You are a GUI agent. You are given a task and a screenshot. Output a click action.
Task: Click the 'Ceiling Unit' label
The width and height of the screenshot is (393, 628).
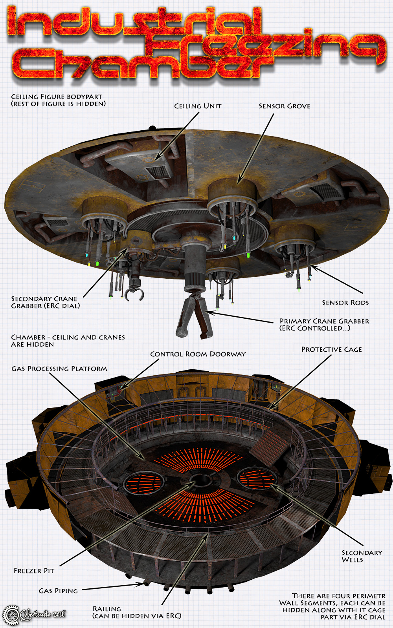click(x=198, y=106)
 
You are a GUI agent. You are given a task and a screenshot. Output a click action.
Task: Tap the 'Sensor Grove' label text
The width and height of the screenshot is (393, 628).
click(x=285, y=106)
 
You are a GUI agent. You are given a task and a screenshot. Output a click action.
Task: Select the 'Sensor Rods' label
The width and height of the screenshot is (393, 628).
click(x=345, y=303)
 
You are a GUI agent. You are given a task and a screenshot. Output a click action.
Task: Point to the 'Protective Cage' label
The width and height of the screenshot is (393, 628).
click(x=332, y=349)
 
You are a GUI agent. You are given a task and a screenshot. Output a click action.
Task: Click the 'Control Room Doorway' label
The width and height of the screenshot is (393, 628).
click(x=198, y=354)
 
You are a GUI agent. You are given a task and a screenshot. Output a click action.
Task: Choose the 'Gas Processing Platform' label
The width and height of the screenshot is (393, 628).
click(x=59, y=369)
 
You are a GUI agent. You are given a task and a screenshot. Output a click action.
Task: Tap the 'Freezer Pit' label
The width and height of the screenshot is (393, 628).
click(x=34, y=571)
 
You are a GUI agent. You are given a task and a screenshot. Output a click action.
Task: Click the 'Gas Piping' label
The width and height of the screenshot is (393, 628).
click(x=58, y=591)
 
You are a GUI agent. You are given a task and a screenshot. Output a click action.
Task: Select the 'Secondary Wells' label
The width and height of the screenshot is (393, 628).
click(x=362, y=556)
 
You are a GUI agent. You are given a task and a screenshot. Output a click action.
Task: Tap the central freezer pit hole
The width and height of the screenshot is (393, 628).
click(x=200, y=481)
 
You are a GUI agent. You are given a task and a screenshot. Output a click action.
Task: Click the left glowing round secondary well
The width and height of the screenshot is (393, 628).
click(x=143, y=484)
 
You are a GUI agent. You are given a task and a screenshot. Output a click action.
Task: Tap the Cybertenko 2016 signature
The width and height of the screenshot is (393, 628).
click(x=42, y=615)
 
